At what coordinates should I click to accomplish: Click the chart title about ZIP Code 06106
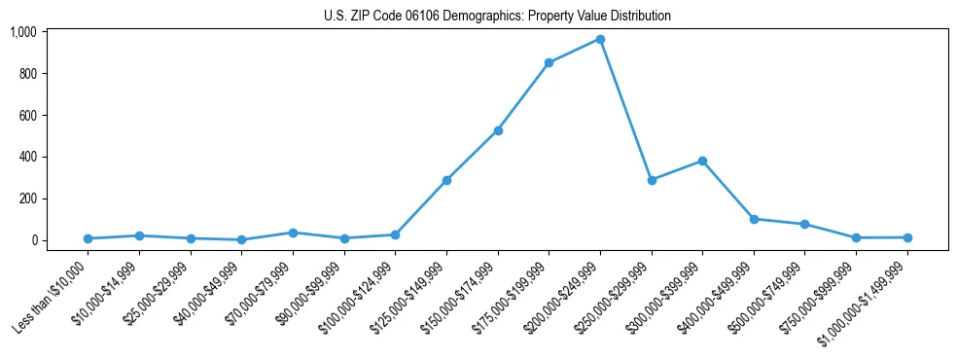497,16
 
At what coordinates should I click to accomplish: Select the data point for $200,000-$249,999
600,39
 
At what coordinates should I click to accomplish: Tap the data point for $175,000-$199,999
549,62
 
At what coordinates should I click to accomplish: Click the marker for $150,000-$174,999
498,130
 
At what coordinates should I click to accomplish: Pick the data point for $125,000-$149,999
446,180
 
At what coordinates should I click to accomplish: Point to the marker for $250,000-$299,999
652,180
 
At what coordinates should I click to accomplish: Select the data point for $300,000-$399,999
702,161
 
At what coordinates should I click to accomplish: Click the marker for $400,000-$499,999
754,219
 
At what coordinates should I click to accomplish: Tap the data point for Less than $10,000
88,238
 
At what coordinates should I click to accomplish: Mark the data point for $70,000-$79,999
293,233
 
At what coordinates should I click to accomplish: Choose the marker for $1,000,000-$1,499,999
907,237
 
